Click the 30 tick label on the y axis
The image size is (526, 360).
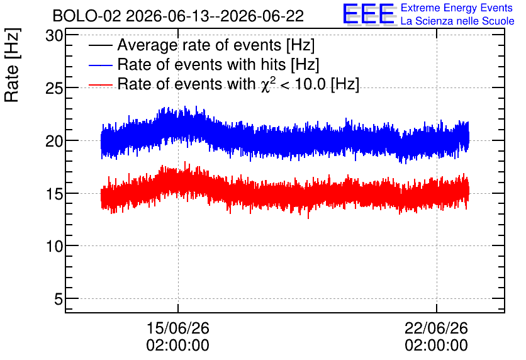pyautogui.click(x=54, y=36)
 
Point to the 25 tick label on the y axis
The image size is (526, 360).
pyautogui.click(x=54, y=89)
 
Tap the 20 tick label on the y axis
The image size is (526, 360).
pyautogui.click(x=54, y=141)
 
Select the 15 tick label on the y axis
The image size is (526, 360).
pyautogui.click(x=54, y=194)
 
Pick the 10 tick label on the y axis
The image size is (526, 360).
pyautogui.click(x=54, y=247)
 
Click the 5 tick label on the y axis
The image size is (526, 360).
pyautogui.click(x=59, y=299)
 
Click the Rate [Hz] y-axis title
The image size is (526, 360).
pyautogui.click(x=12, y=65)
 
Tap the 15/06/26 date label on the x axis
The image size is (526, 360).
pyautogui.click(x=178, y=328)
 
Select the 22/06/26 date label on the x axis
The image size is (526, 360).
pyautogui.click(x=436, y=328)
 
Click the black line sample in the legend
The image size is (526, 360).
pyautogui.click(x=101, y=45)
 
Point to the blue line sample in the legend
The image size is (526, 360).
pyautogui.click(x=101, y=65)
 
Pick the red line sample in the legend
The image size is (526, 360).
pyautogui.click(x=101, y=84)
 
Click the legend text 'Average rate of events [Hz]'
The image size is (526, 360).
pyautogui.click(x=216, y=45)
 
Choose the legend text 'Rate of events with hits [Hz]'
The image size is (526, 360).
pyautogui.click(x=218, y=65)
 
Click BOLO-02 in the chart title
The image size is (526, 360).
pyautogui.click(x=87, y=16)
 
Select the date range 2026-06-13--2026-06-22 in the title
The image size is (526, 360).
pyautogui.click(x=215, y=16)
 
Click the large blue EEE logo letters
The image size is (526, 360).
pyautogui.click(x=369, y=14)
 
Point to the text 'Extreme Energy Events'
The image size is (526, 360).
pyautogui.click(x=457, y=8)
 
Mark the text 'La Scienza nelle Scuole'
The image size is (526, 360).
pyautogui.click(x=457, y=21)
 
